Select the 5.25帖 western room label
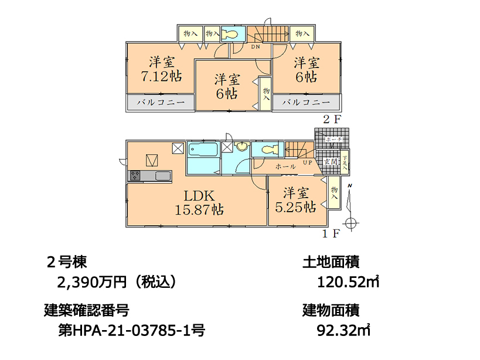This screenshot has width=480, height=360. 297,200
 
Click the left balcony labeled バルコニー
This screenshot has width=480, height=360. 161,102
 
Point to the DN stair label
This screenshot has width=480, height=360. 256,46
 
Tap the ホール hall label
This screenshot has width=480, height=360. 285,167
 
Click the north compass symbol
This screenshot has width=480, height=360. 350,222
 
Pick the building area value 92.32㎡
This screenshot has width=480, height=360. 343,330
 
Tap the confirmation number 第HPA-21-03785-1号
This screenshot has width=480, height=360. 132,330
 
